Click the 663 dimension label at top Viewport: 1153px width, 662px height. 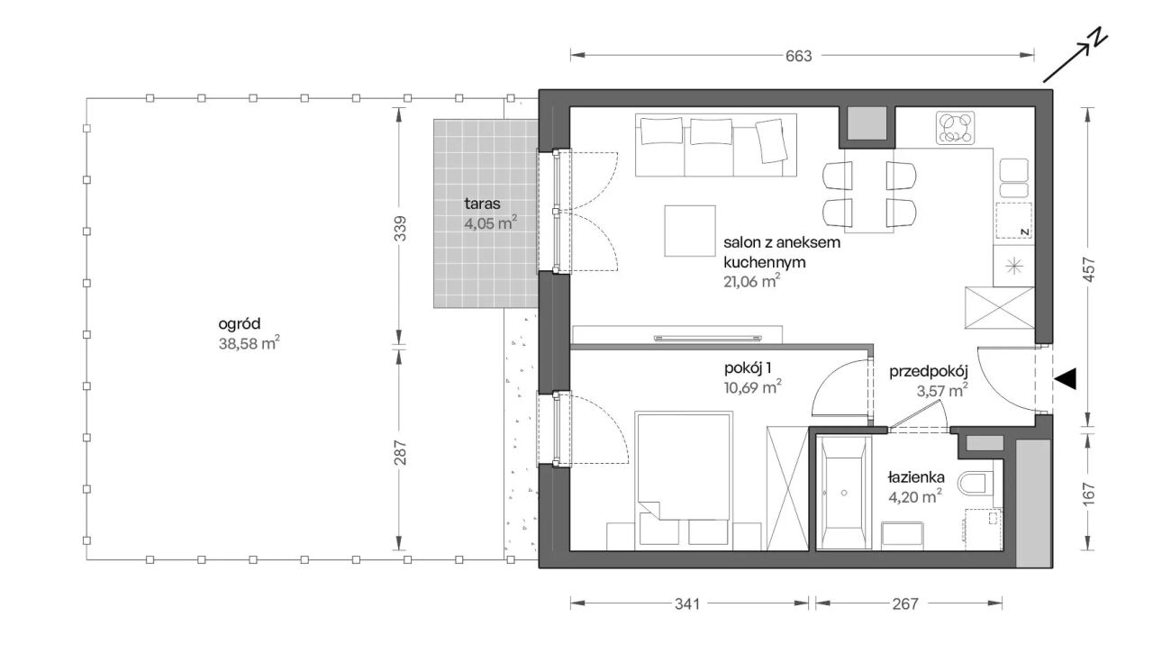point(798,56)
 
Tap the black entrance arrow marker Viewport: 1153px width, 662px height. point(1064,379)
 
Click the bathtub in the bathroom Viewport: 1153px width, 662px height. point(844,493)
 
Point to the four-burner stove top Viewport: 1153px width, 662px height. point(956,127)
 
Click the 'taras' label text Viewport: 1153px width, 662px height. point(482,204)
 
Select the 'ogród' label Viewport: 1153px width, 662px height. point(240,323)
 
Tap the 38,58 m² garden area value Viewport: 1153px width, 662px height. point(250,343)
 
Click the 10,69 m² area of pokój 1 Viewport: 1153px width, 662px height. point(753,386)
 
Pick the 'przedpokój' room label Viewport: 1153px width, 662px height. point(929,372)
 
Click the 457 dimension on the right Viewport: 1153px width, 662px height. point(1089,268)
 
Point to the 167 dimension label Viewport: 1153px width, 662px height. point(1089,494)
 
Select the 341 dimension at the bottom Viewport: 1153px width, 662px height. point(687,603)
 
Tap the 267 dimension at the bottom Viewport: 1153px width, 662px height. point(905,603)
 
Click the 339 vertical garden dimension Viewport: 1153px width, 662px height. point(400,228)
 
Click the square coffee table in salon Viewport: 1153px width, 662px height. point(690,231)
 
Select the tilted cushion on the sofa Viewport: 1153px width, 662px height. point(771,141)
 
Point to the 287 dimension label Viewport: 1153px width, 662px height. point(400,453)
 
